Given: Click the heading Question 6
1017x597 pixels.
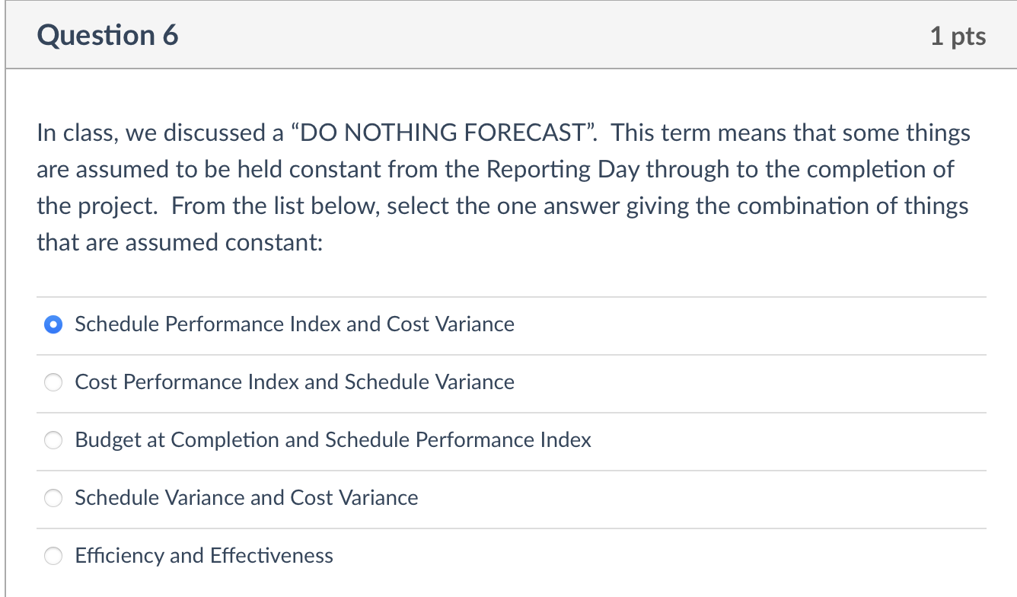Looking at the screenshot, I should pos(107,36).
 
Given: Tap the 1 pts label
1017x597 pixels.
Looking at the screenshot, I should pos(958,37).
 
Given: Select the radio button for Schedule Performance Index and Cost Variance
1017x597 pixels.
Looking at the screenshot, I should pos(53,325).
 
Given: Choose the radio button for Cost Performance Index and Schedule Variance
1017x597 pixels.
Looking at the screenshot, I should pos(53,383).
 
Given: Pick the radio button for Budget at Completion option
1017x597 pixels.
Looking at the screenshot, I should pos(53,441).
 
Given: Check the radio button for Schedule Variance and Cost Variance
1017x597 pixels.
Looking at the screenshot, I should pos(53,499).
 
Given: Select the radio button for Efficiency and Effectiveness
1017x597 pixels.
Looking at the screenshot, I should pos(53,557).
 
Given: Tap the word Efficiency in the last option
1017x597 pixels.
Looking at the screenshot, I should pos(120,556).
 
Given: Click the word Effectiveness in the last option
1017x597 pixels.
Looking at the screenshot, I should pos(272,556).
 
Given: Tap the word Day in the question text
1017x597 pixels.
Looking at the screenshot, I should pos(620,169).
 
